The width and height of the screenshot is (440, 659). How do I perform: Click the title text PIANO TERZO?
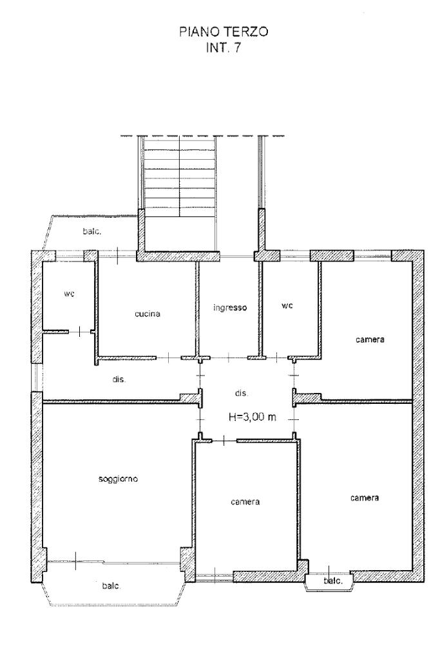pos(224,32)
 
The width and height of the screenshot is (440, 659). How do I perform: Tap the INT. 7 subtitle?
pos(223,48)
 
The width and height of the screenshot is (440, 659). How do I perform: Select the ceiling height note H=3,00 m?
pos(252,417)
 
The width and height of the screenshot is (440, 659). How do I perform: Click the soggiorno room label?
pos(118,479)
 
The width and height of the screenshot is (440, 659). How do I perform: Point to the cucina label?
pos(147,314)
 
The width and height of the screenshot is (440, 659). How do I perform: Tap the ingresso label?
pos(230,308)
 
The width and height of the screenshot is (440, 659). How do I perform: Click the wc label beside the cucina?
pos(70,294)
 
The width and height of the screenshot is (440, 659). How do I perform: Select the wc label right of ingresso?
pos(287,305)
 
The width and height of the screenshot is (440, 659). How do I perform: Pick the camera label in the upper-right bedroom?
pos(370,339)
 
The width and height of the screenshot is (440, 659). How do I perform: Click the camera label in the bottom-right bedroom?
pos(365,497)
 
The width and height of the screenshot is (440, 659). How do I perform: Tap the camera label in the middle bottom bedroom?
pos(245,501)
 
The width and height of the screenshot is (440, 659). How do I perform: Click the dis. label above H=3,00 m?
pos(241,394)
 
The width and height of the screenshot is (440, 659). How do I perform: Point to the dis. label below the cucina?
pos(119,379)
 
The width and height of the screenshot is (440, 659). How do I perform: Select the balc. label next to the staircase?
pos(91,231)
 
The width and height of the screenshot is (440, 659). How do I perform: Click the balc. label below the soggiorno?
pos(111,586)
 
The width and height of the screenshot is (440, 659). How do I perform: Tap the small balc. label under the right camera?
pos(333,581)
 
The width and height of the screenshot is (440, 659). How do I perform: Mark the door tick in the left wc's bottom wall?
pos(81,332)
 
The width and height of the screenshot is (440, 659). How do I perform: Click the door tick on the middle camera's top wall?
pos(224,441)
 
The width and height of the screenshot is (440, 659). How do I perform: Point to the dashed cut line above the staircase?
pos(202,136)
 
